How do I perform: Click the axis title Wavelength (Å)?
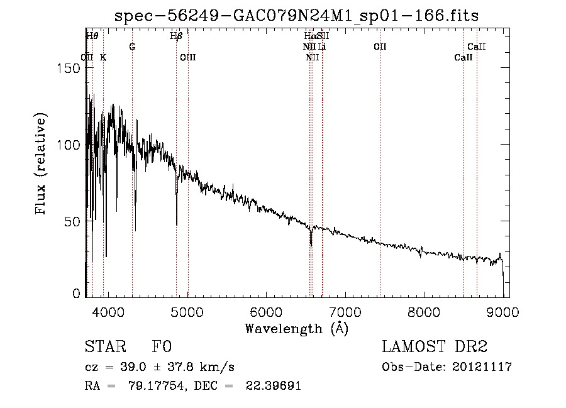pos(296,328)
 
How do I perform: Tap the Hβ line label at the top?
pos(176,36)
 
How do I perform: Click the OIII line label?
pos(188,57)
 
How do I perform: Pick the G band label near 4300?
pos(132,47)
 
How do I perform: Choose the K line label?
pos(103,57)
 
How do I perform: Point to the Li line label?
pos(321,47)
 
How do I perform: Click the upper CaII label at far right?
pos(476,47)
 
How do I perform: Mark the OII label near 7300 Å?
pos(379,47)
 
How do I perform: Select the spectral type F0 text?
pos(162,347)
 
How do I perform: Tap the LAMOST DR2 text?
pos(435,347)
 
